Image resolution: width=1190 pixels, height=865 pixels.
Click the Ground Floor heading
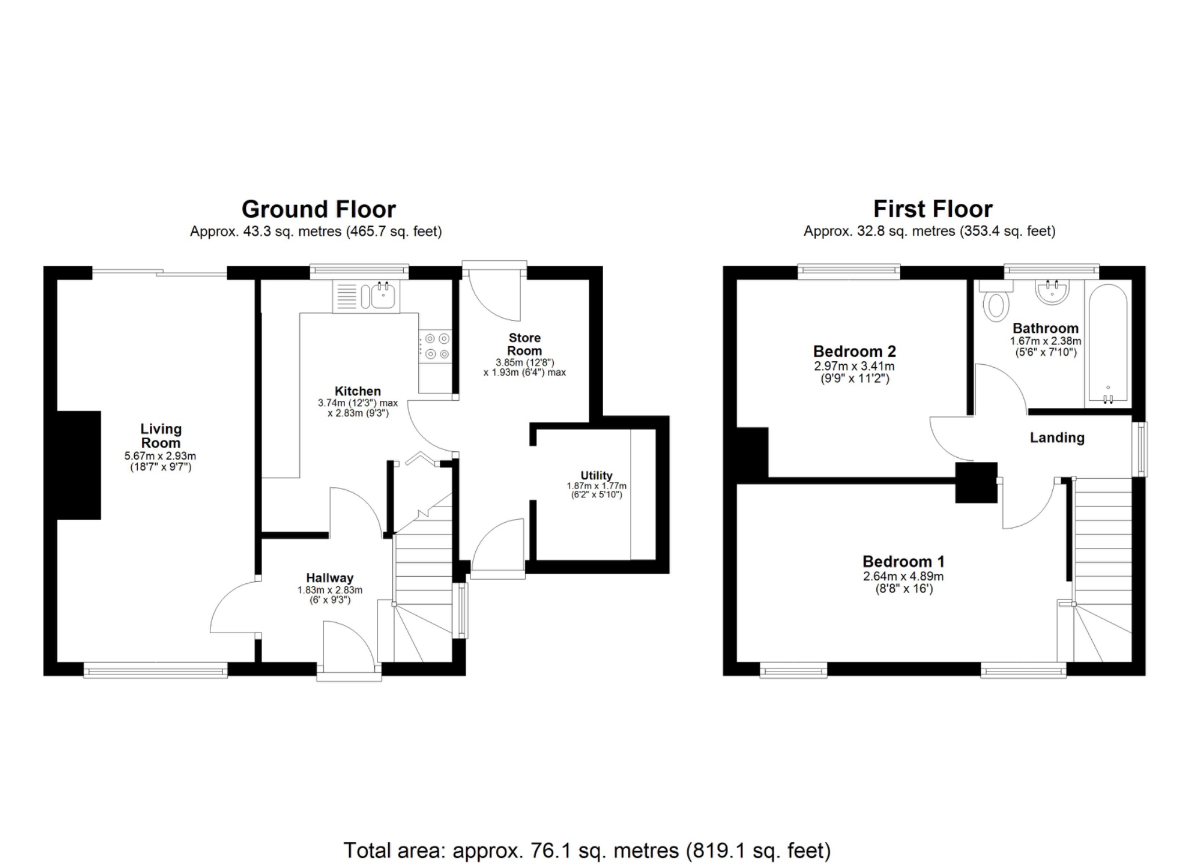pos(318,209)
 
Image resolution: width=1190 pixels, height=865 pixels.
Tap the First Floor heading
pos(933,209)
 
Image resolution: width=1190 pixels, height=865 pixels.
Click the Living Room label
pos(161,436)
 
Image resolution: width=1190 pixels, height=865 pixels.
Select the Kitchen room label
pos(358,391)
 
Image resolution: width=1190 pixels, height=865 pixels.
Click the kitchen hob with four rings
pos(436,346)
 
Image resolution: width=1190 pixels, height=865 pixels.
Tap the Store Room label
pos(525,344)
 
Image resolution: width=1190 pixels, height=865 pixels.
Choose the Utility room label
pos(597,475)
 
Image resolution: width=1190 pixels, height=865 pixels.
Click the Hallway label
pos(329,578)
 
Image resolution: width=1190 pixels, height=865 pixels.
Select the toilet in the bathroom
pos(997,302)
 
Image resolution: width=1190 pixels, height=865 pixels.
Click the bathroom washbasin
pos(1052,292)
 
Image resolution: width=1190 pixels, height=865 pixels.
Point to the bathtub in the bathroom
pos(1108,343)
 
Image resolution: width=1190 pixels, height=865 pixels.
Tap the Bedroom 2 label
pos(854,351)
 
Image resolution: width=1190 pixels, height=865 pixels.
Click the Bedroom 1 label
pos(904,562)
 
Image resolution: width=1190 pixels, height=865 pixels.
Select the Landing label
pos(1057,438)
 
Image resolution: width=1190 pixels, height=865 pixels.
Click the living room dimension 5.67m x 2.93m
pos(160,457)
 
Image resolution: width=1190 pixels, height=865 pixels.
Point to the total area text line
pos(587,850)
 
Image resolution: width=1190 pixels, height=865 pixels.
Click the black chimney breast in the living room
pos(79,465)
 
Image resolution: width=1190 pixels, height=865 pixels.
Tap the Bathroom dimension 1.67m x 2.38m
pos(1045,342)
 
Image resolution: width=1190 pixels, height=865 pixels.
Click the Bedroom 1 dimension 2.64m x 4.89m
pos(904,577)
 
